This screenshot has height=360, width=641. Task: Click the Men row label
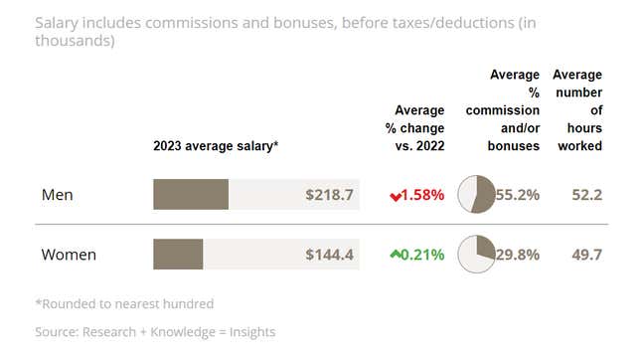59,195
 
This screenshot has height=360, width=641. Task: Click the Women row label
69,255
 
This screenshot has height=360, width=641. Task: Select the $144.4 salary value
330,255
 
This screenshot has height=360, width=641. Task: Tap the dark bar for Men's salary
191,195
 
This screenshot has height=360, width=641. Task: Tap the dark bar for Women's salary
178,255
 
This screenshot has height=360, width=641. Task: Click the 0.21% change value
422,255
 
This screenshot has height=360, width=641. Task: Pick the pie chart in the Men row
476,194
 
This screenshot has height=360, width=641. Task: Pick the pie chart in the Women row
476,254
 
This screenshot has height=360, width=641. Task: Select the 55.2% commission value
517,195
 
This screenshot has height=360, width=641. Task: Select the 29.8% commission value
517,255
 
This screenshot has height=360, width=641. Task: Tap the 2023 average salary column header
216,145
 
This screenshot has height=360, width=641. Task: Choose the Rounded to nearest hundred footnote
124,303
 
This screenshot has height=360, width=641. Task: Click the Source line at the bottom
155,331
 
